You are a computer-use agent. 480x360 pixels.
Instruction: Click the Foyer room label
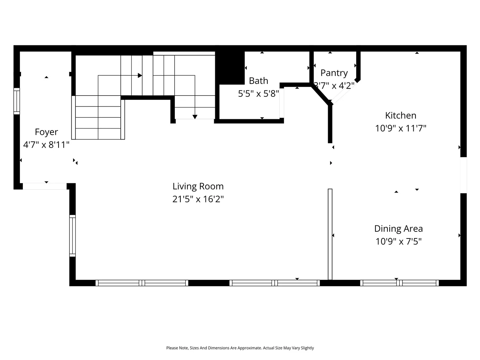(x=46, y=132)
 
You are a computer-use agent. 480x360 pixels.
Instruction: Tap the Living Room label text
(x=198, y=186)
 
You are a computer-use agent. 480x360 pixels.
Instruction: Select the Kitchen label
(x=400, y=115)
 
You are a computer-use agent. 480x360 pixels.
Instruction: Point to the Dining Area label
(x=398, y=229)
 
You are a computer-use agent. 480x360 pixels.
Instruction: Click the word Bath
(x=258, y=81)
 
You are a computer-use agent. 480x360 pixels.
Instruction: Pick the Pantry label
(x=334, y=73)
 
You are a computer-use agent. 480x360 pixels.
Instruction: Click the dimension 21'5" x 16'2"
(x=198, y=199)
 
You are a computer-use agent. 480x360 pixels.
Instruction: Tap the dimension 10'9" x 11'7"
(x=400, y=128)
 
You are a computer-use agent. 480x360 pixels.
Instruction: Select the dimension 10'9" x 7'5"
(x=398, y=241)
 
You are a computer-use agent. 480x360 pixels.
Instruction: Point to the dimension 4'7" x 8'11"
(x=46, y=145)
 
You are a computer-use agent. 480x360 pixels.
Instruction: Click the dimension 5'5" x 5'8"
(x=258, y=94)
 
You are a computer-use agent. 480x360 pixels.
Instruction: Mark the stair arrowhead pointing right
(x=140, y=75)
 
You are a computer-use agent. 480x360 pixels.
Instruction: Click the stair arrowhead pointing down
(x=195, y=117)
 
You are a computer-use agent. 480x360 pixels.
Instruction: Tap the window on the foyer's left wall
(x=17, y=101)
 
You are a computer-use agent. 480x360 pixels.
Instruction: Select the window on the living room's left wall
(x=73, y=235)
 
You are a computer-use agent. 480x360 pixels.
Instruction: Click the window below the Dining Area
(x=399, y=283)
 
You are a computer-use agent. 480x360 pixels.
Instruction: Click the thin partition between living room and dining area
(x=330, y=234)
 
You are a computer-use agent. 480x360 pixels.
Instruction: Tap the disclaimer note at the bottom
(x=240, y=348)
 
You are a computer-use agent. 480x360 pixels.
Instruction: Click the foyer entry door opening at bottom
(x=45, y=186)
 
